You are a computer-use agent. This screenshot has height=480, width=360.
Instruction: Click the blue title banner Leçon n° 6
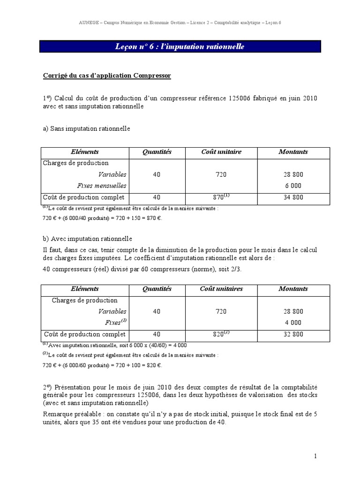(x=180, y=47)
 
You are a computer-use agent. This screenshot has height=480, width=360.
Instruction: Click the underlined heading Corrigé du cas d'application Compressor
(x=107, y=76)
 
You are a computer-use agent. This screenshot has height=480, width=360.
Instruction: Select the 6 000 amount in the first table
(x=293, y=186)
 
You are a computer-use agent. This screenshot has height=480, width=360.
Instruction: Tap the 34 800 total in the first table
(x=293, y=198)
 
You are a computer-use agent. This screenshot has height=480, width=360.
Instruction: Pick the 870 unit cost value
(x=217, y=198)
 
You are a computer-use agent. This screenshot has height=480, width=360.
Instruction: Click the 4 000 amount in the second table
(x=293, y=322)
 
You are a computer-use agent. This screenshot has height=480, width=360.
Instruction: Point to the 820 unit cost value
(x=217, y=335)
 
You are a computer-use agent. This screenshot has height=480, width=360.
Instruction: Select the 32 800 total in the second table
(x=293, y=335)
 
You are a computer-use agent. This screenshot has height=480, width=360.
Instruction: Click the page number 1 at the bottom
(x=316, y=456)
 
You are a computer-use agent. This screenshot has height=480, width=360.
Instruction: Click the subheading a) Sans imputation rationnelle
(x=86, y=128)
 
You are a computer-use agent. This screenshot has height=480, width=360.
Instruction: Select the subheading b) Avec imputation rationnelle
(x=88, y=239)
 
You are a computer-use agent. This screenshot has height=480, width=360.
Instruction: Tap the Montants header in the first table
(x=293, y=152)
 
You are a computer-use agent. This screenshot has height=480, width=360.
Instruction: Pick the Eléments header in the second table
(x=84, y=289)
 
